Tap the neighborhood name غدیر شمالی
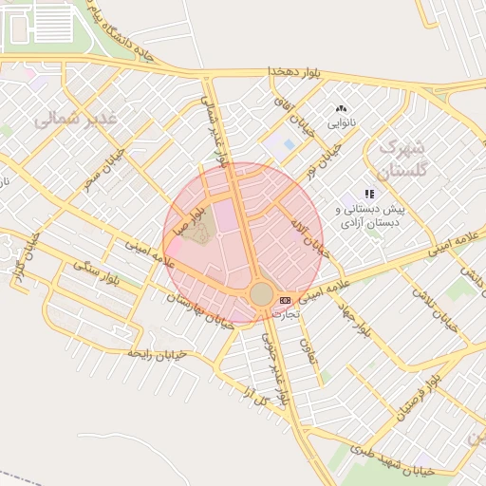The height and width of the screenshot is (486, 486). (x=75, y=119)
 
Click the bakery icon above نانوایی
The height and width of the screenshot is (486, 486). (x=341, y=109)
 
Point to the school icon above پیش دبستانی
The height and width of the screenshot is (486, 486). (x=369, y=194)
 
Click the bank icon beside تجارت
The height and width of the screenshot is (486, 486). (x=286, y=300)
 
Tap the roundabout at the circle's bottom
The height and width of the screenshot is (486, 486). (x=260, y=293)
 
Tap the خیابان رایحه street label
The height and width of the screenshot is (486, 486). (x=159, y=354)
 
